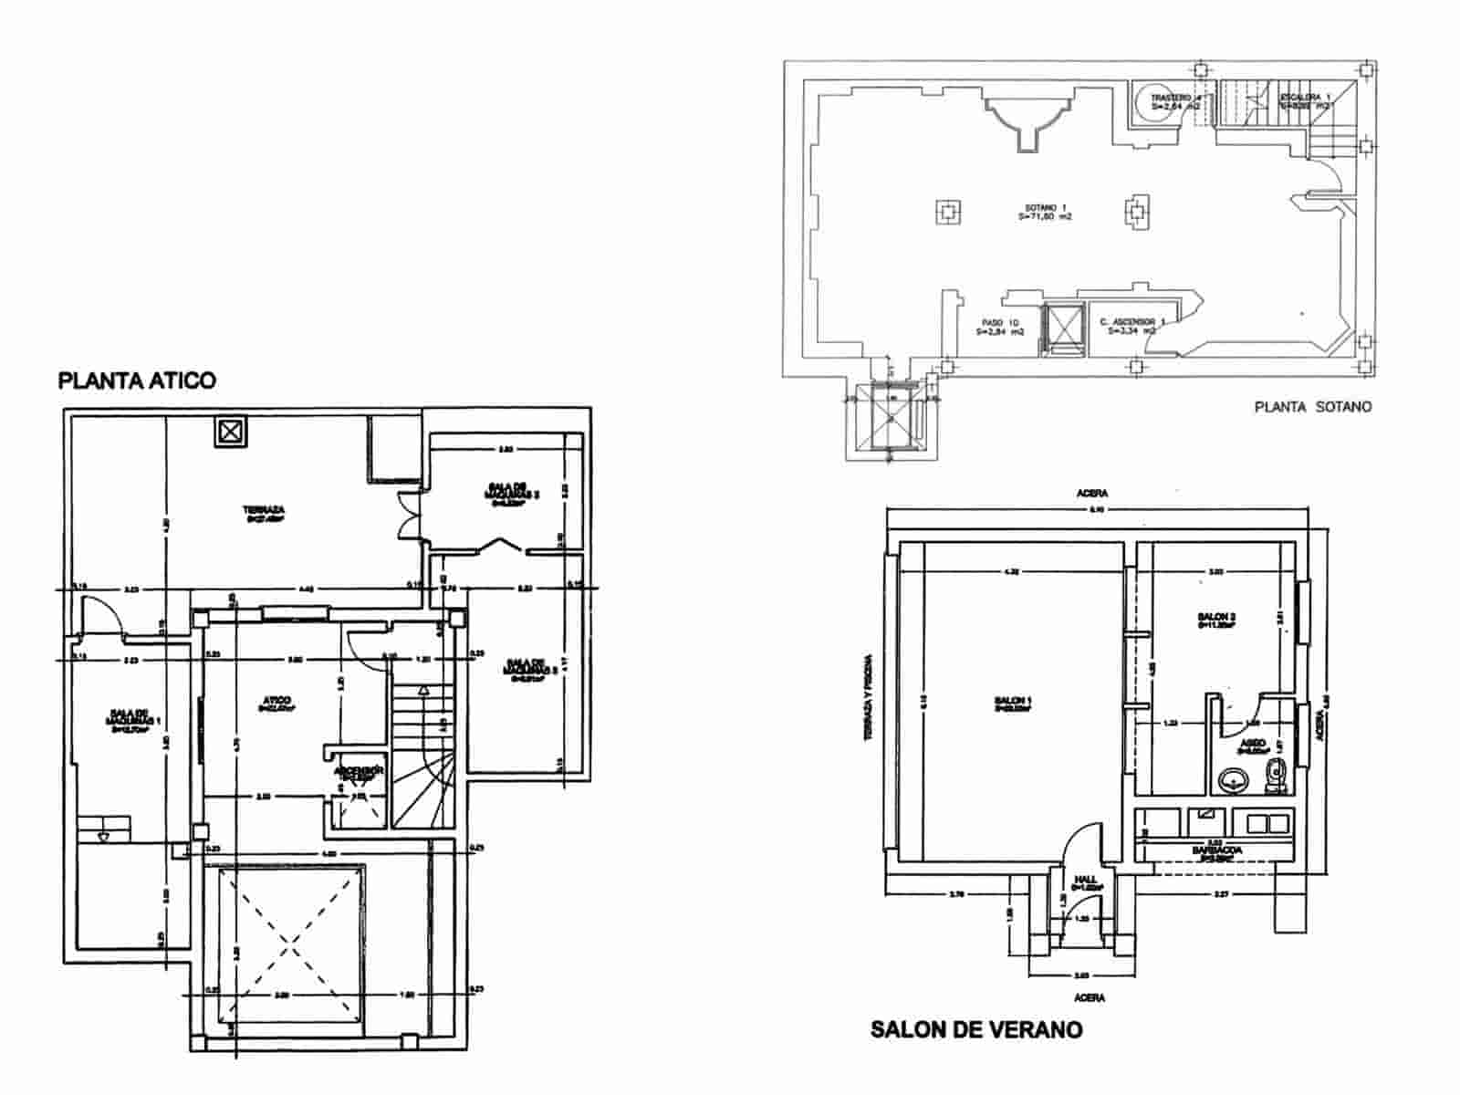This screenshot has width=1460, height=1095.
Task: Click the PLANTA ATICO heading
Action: [137, 381]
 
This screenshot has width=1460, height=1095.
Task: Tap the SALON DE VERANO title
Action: [976, 1030]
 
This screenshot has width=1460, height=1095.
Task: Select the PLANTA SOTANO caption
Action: [1312, 407]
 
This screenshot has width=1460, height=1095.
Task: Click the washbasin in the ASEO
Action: [1234, 781]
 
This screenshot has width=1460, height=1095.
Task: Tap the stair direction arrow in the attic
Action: [422, 691]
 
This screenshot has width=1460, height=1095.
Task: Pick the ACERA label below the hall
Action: [1090, 997]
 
